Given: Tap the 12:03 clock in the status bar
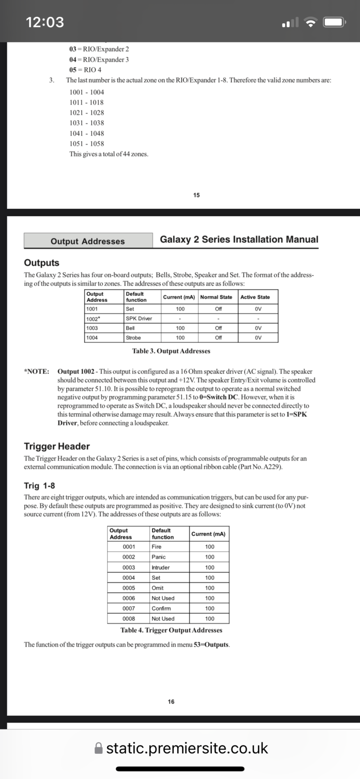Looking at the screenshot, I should (45, 22).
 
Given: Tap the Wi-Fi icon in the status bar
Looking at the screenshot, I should (310, 22).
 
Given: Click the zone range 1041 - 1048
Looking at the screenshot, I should (87, 133).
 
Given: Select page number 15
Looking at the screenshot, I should (196, 195).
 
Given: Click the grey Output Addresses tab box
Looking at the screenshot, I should (88, 241).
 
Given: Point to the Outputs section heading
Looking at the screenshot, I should (41, 263).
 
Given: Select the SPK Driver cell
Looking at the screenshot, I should (139, 318).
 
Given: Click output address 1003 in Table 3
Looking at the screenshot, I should (92, 328).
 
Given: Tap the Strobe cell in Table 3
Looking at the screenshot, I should (133, 338).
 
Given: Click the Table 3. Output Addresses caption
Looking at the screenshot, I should (171, 351).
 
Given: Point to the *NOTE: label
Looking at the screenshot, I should (37, 371).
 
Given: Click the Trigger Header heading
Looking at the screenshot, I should (57, 446).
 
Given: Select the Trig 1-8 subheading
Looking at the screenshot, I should (39, 485).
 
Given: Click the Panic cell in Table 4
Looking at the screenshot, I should (159, 557).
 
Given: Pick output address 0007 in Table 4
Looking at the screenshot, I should (129, 609).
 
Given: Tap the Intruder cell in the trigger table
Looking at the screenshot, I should (161, 568).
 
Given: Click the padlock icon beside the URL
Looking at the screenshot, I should (98, 748).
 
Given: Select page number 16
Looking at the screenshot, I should (171, 702).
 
